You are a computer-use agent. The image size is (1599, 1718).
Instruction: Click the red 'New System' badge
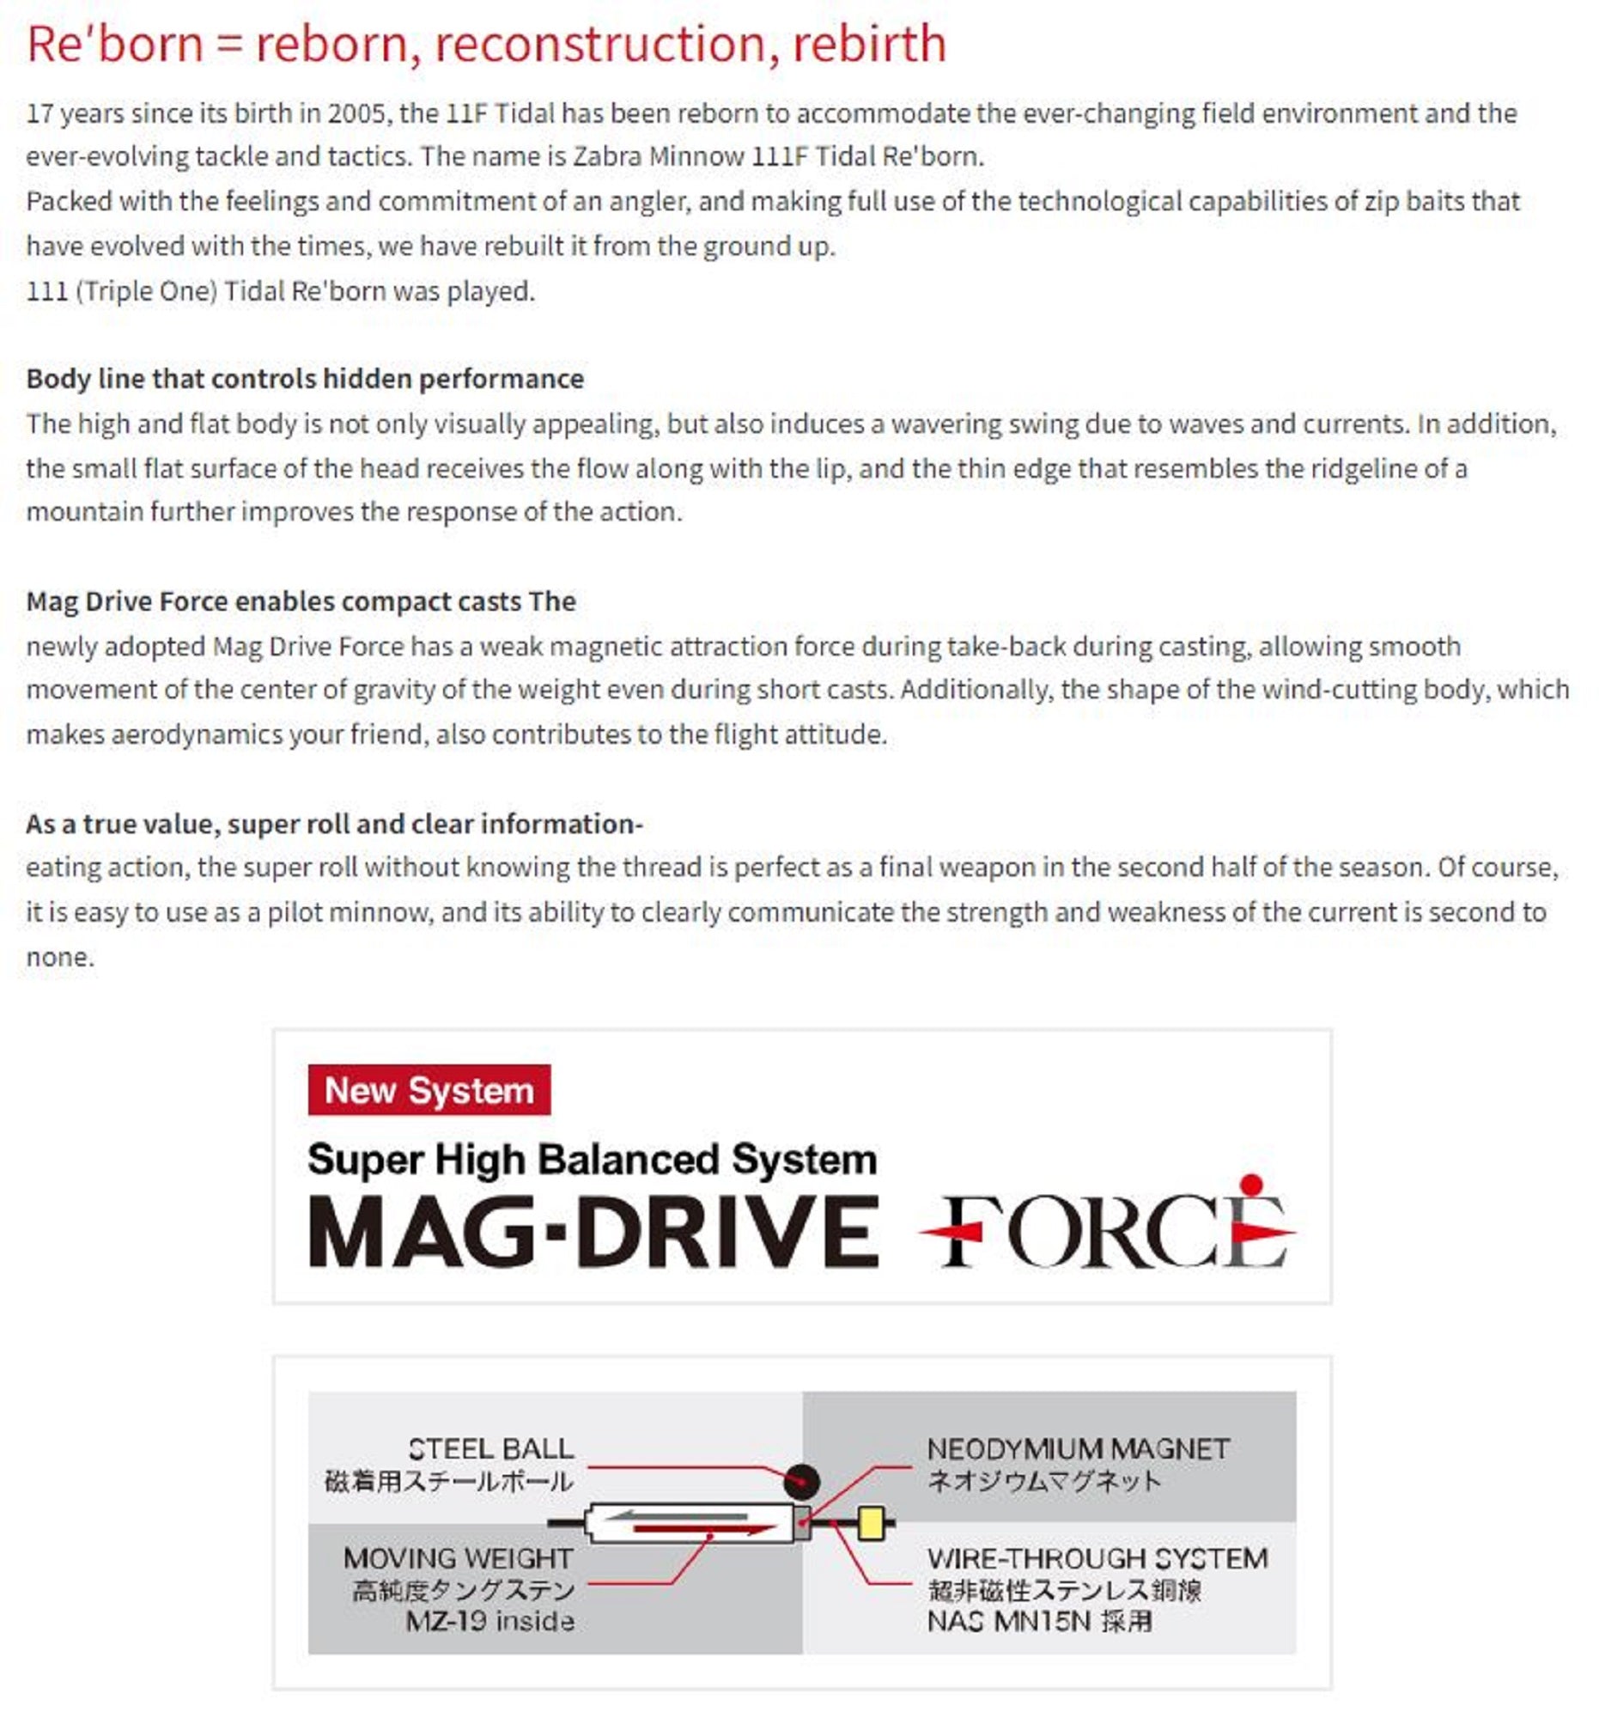[429, 1090]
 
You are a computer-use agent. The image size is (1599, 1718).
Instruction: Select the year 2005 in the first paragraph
[358, 113]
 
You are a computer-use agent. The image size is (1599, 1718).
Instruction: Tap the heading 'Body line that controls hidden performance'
[305, 379]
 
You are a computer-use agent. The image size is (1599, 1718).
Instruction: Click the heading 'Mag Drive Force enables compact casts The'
[301, 600]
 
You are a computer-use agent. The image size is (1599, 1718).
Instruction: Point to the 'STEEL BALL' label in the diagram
[490, 1448]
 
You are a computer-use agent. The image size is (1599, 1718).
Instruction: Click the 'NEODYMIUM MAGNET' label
[1077, 1448]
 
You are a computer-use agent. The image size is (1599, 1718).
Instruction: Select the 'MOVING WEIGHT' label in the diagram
[458, 1558]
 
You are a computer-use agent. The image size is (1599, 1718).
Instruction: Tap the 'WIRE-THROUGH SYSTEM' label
[1097, 1558]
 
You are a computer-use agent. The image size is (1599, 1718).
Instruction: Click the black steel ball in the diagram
[801, 1481]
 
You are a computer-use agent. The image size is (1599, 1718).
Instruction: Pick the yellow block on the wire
[871, 1524]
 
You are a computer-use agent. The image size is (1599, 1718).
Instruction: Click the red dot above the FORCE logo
[1250, 1184]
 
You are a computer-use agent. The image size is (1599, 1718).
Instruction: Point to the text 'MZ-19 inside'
[489, 1621]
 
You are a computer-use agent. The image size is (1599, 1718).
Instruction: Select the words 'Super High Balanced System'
[592, 1159]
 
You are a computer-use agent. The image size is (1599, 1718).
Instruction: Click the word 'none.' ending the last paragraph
[59, 957]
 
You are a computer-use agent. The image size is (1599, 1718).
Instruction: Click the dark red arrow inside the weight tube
[704, 1530]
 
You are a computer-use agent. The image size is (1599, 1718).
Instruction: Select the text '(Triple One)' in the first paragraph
[146, 290]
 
